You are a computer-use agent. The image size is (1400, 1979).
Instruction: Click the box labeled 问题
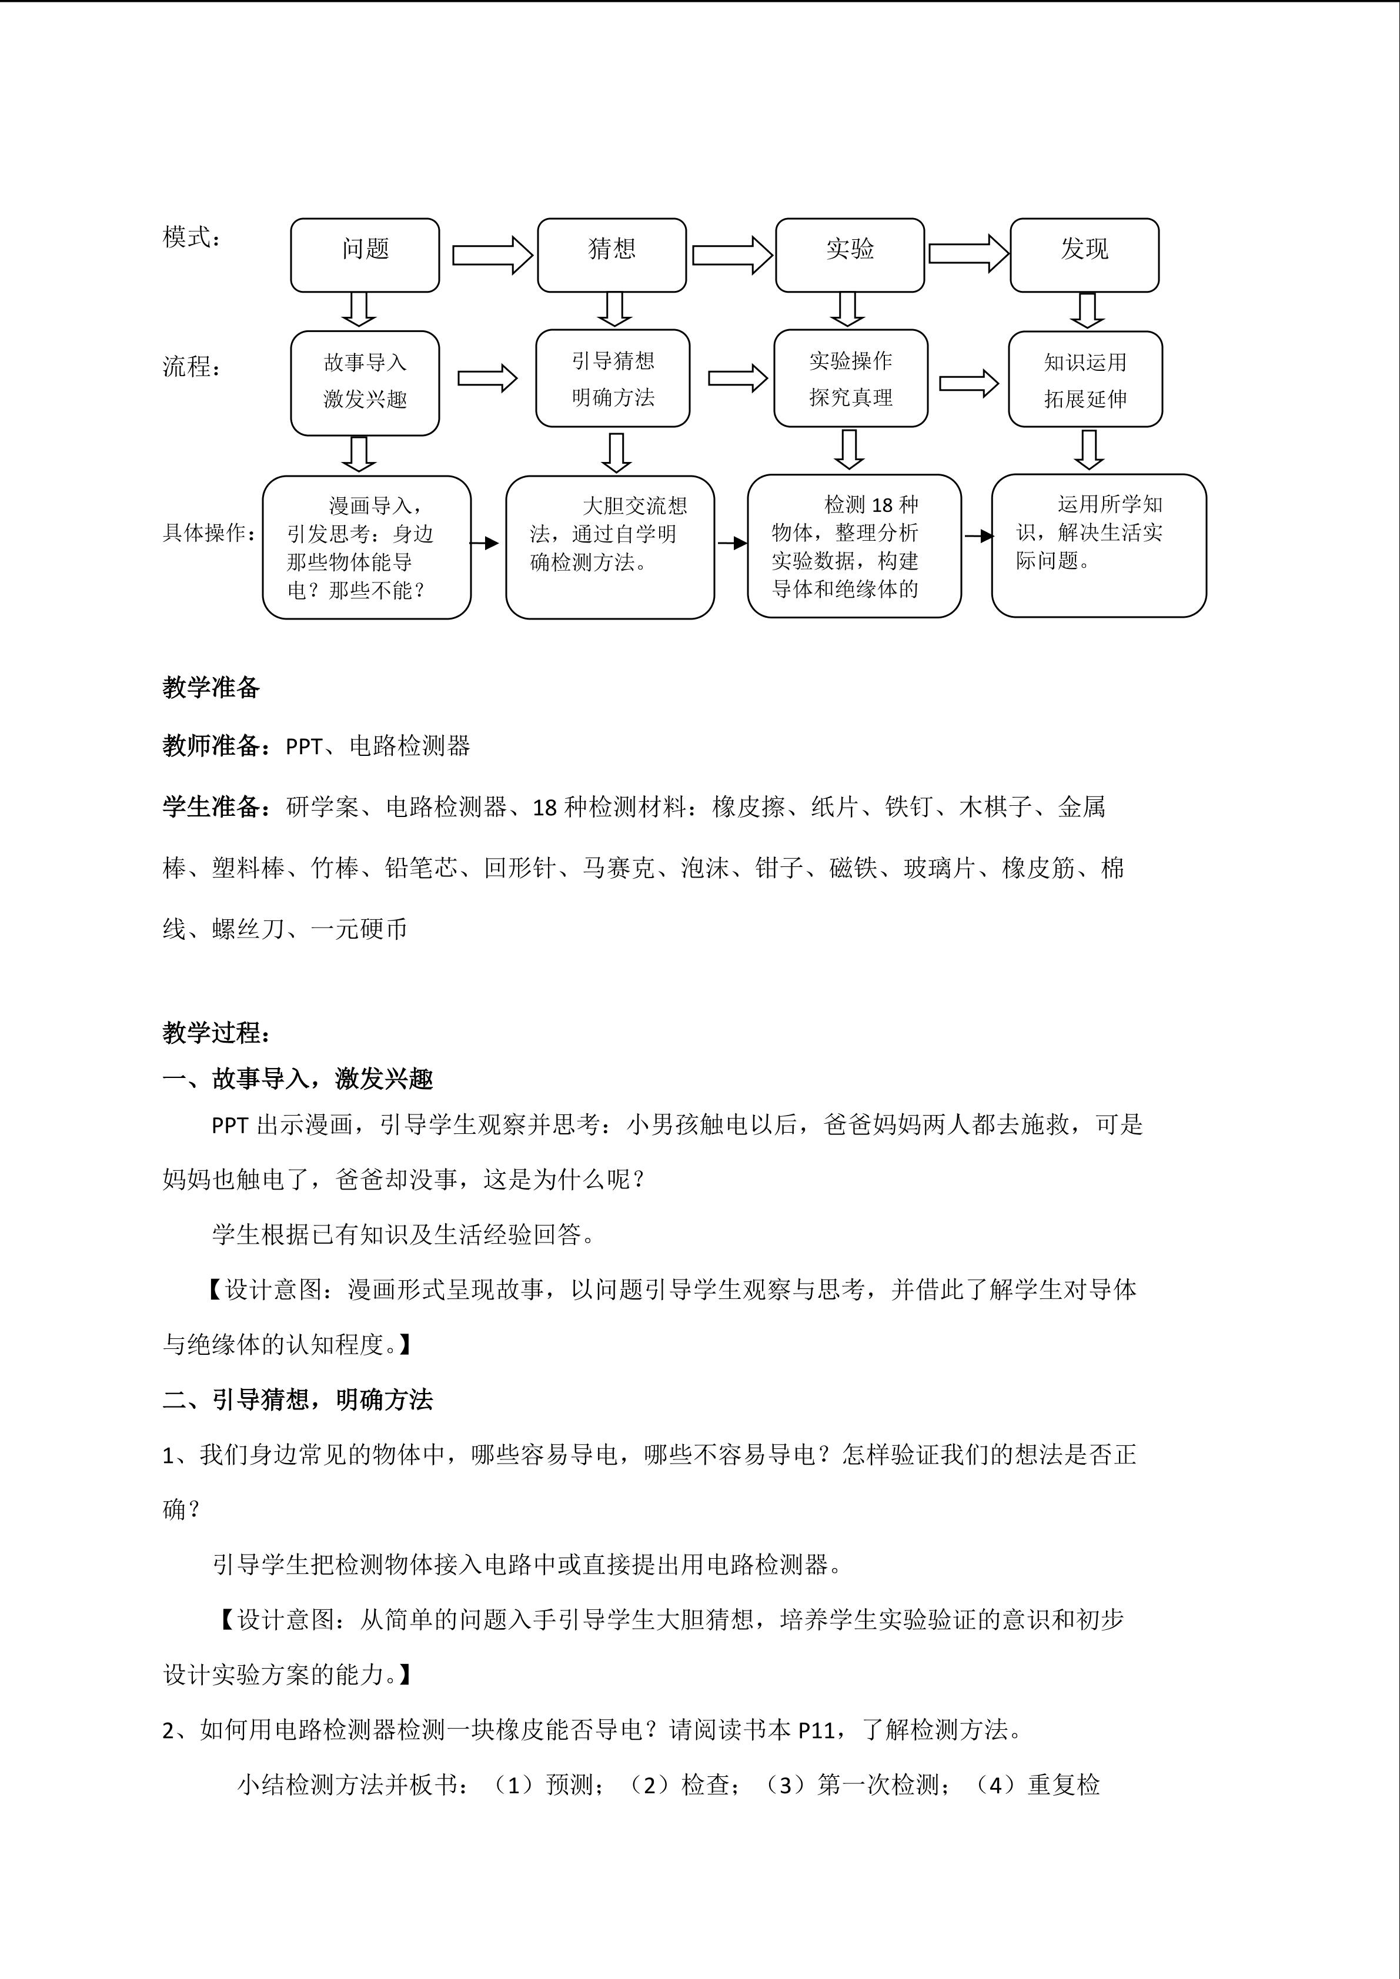coord(365,255)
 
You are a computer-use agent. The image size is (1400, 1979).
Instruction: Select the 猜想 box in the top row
coord(611,255)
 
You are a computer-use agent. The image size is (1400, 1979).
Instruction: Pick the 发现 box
coord(1084,255)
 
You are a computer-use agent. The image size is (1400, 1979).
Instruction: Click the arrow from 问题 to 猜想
coord(492,255)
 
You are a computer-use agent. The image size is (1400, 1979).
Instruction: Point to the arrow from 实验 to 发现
coord(968,253)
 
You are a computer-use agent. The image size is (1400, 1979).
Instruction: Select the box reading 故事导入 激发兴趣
coord(365,382)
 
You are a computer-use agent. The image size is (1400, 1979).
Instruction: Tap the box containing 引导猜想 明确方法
coord(612,379)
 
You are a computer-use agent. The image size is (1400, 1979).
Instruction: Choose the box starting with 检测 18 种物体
coord(853,545)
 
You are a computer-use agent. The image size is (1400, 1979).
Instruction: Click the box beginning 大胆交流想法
coord(610,547)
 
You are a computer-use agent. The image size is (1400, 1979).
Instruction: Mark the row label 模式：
coord(191,237)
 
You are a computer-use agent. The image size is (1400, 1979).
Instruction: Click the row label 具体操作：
coord(209,533)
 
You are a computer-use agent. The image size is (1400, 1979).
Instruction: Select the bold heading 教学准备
coord(211,687)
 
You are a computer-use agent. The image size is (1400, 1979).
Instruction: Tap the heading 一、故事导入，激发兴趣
coord(298,1079)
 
